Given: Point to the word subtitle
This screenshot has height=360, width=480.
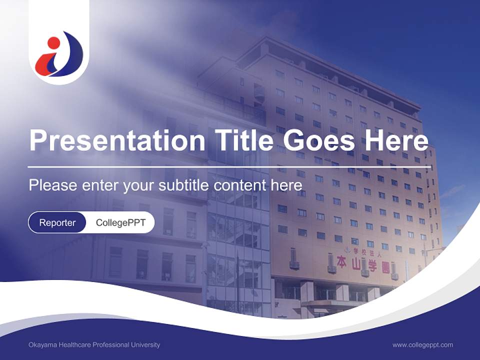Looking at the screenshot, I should (x=184, y=185).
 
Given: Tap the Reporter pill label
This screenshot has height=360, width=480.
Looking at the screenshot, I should (x=57, y=222).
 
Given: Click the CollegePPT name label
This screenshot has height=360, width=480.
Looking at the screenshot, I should (x=120, y=222).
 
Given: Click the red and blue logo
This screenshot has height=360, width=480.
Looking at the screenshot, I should (x=59, y=54).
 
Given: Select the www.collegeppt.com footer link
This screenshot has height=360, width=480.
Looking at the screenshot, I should (x=422, y=344).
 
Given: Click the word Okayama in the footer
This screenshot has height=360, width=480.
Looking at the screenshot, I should (x=42, y=344).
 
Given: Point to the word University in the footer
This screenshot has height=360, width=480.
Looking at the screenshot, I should (x=145, y=344).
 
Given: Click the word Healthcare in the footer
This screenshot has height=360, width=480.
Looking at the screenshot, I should (x=74, y=344).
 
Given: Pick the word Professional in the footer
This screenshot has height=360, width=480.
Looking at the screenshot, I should (x=110, y=344).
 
